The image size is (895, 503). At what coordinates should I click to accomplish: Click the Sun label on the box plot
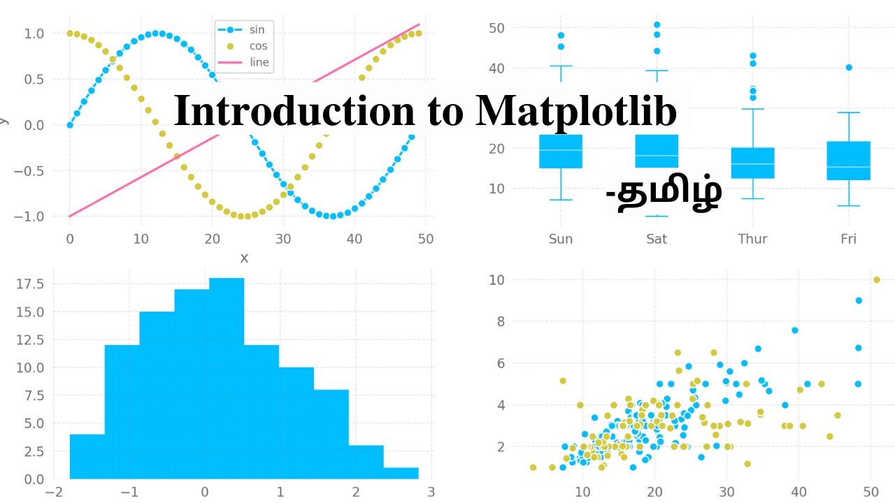click(x=561, y=239)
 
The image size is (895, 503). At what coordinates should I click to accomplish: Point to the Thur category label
click(x=752, y=239)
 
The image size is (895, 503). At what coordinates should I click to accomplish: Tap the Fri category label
click(x=848, y=239)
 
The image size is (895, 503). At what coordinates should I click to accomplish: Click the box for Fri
click(x=848, y=161)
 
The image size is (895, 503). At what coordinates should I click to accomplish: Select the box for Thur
click(x=752, y=163)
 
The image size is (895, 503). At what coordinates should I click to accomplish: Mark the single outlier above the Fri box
click(x=849, y=68)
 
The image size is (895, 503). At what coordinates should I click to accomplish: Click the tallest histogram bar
click(x=227, y=377)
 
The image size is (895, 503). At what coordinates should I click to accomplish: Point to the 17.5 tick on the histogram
click(x=30, y=284)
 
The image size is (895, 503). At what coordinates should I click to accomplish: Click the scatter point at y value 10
click(x=877, y=279)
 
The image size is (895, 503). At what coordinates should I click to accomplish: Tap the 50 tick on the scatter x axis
click(x=871, y=491)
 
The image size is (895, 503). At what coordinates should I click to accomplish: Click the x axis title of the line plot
click(x=244, y=258)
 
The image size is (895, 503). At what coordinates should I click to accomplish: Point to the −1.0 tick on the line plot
click(x=28, y=217)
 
